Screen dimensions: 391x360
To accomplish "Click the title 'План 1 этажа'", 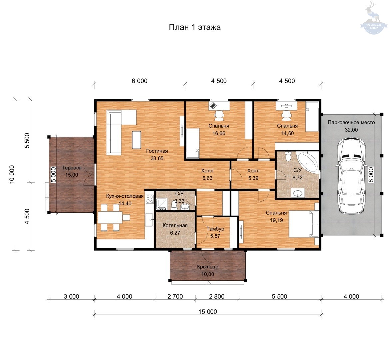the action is [195, 27].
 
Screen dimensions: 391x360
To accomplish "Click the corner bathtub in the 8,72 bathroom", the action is [308, 162].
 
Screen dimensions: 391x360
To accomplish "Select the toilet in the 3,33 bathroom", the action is [174, 205].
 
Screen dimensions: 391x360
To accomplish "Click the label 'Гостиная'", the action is [157, 151].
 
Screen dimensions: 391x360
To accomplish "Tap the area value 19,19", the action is [276, 220].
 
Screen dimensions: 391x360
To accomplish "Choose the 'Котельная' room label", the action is [175, 225].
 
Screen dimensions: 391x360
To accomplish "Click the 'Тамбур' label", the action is [215, 229].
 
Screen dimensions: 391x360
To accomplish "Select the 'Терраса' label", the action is [72, 168].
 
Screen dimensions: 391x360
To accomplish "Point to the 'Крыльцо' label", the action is [208, 267].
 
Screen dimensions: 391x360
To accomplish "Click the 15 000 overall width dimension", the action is [208, 312].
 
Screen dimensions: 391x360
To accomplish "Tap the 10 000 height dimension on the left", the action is [12, 174].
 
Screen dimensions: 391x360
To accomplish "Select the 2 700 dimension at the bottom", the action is [175, 296].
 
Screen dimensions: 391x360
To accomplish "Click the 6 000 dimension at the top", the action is [139, 81].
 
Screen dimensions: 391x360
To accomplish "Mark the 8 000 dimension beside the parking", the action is [371, 175].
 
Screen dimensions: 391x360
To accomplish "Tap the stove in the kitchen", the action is [150, 199].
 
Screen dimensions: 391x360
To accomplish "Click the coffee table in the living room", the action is [136, 140].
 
